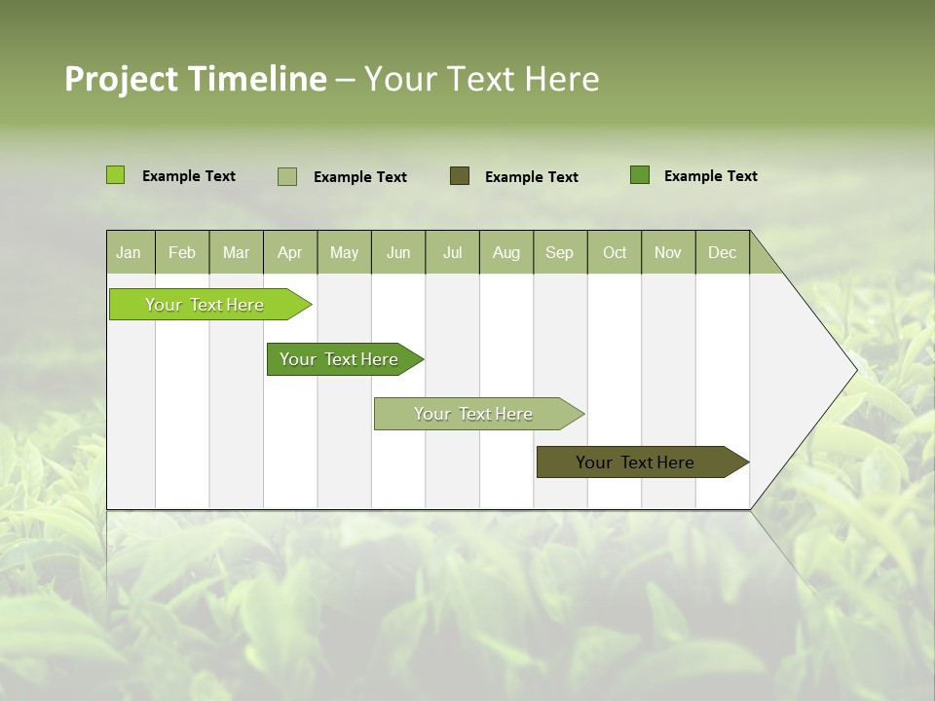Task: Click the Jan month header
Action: pyautogui.click(x=129, y=252)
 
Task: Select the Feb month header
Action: pyautogui.click(x=182, y=252)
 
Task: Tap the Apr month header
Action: pyautogui.click(x=290, y=252)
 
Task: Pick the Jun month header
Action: pyautogui.click(x=398, y=252)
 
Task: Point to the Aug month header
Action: pyautogui.click(x=506, y=252)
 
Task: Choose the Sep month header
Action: pyautogui.click(x=560, y=252)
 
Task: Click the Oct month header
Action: pyautogui.click(x=615, y=252)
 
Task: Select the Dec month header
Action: pyautogui.click(x=723, y=252)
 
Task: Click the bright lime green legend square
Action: pyautogui.click(x=116, y=175)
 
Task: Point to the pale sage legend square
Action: pyautogui.click(x=287, y=176)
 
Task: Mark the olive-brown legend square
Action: pyautogui.click(x=460, y=176)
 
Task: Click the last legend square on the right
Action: pyautogui.click(x=640, y=175)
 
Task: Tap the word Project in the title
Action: pyautogui.click(x=122, y=79)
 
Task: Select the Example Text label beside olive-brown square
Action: pyautogui.click(x=532, y=177)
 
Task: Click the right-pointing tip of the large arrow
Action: pyautogui.click(x=854, y=369)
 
